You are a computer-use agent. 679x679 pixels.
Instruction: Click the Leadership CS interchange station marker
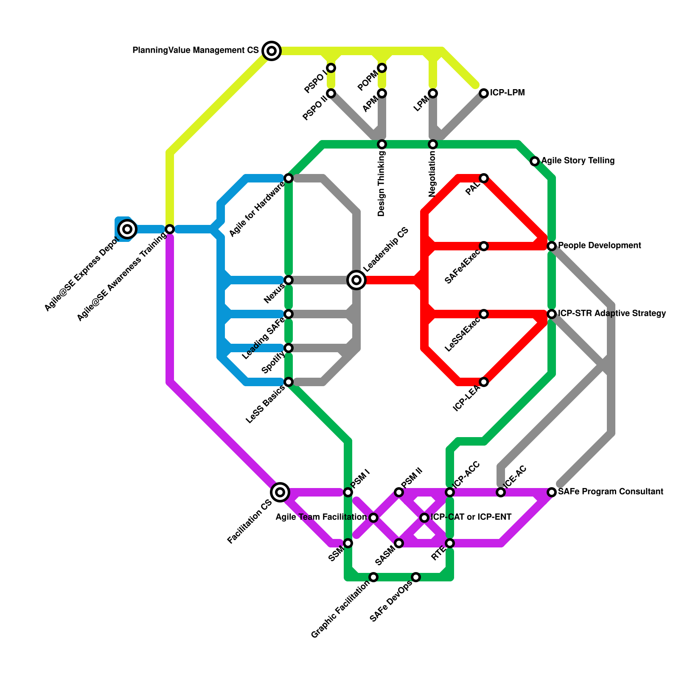tap(356, 280)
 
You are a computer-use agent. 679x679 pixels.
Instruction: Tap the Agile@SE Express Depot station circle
tap(127, 229)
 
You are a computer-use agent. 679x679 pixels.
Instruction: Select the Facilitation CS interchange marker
tap(280, 492)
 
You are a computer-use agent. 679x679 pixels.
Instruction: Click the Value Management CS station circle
tap(272, 51)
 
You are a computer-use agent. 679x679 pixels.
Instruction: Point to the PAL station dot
tap(484, 178)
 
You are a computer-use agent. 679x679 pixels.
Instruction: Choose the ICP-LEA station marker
tap(484, 382)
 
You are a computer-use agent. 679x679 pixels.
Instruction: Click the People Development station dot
tap(552, 246)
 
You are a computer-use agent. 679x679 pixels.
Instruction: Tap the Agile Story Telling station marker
tap(535, 161)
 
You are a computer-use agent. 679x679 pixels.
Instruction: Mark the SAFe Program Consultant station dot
tap(552, 492)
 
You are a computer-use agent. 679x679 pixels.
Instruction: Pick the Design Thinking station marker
tap(382, 144)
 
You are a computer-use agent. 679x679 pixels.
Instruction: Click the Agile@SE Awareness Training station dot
tap(170, 229)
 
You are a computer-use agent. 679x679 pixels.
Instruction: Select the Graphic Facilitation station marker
tap(373, 577)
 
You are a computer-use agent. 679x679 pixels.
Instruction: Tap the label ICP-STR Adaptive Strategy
tap(612, 314)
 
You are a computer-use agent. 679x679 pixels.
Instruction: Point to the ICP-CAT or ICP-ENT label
tap(471, 517)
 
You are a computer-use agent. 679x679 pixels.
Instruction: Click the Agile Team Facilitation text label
tap(321, 517)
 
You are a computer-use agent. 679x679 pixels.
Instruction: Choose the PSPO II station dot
tap(331, 93)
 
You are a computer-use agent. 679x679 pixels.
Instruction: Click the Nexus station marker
tap(289, 280)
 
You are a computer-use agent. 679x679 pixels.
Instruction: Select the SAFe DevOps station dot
tap(416, 577)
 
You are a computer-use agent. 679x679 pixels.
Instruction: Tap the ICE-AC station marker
tap(501, 492)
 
